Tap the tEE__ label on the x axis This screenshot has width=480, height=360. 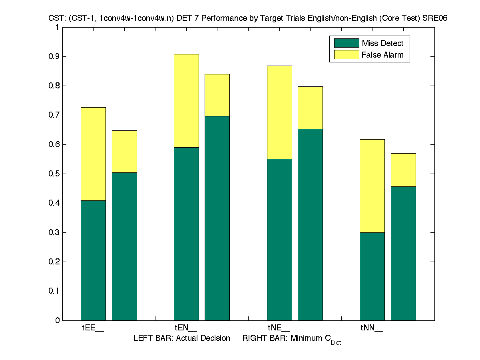(93, 328)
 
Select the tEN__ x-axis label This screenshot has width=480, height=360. (186, 328)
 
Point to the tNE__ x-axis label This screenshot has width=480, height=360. (279, 328)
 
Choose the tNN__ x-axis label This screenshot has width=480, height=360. (372, 328)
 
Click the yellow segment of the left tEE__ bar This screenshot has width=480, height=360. (93, 154)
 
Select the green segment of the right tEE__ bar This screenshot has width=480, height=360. (124, 246)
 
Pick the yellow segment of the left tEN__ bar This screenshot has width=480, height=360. (186, 100)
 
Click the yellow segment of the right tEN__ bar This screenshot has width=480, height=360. (217, 95)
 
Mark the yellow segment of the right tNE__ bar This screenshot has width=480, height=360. (310, 108)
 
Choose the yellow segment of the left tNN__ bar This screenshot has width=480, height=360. (372, 186)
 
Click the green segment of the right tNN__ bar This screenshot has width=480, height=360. (403, 253)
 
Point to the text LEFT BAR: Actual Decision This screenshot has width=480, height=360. (182, 338)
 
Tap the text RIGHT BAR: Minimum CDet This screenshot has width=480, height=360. (291, 339)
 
